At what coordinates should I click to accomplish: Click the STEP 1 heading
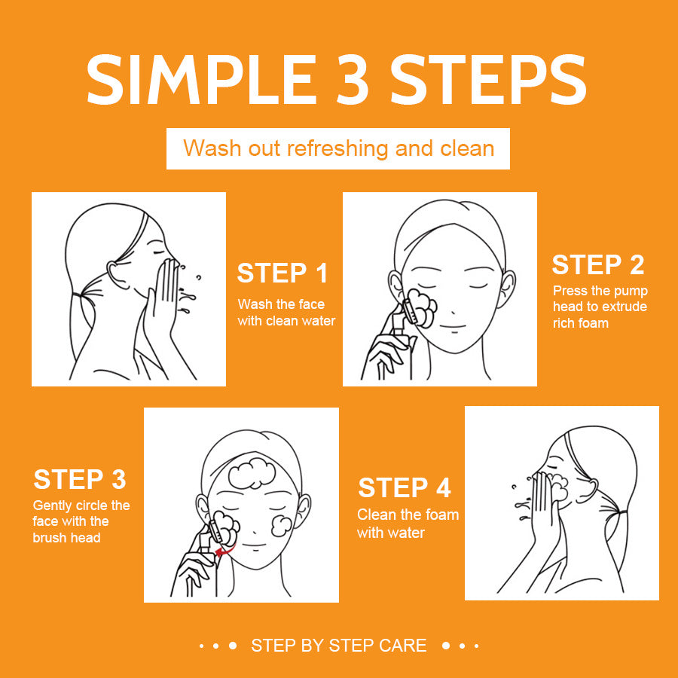[x=282, y=273]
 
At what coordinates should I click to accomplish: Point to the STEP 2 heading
[x=597, y=265]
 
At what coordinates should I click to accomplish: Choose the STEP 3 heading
[x=80, y=479]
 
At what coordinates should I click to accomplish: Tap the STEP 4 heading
[x=404, y=487]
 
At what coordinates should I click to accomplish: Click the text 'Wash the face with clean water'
[x=286, y=312]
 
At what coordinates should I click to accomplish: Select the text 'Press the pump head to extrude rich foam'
[x=600, y=307]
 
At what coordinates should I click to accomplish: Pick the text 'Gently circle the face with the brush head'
[x=81, y=521]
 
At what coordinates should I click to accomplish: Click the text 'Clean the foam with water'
[x=408, y=524]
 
